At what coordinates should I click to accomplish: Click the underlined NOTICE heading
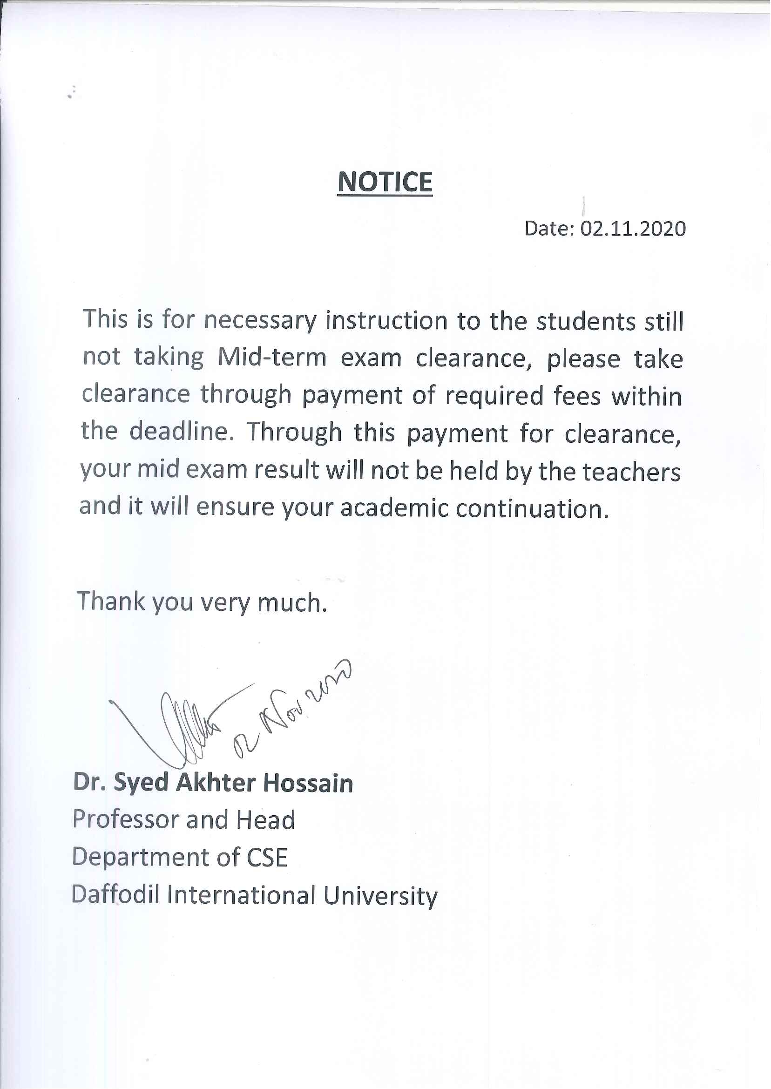(x=385, y=183)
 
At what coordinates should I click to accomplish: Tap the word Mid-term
(x=272, y=358)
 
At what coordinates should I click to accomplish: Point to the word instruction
(x=386, y=320)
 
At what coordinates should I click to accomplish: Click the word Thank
(x=111, y=602)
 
